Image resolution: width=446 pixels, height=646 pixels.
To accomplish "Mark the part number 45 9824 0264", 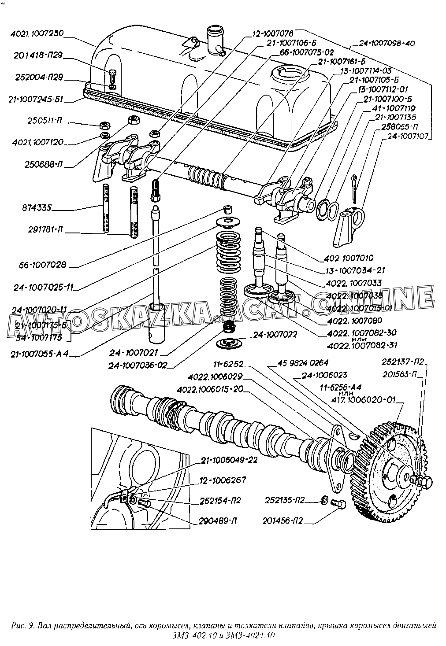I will click(x=303, y=363).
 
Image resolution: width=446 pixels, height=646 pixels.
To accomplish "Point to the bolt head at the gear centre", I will click(x=425, y=483).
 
